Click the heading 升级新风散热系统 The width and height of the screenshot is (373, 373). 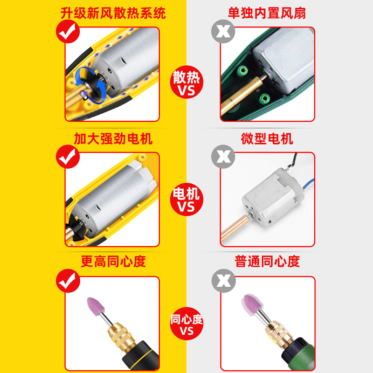point(113,13)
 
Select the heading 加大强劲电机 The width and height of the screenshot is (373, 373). point(113,138)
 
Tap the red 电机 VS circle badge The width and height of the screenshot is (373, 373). point(186,200)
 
